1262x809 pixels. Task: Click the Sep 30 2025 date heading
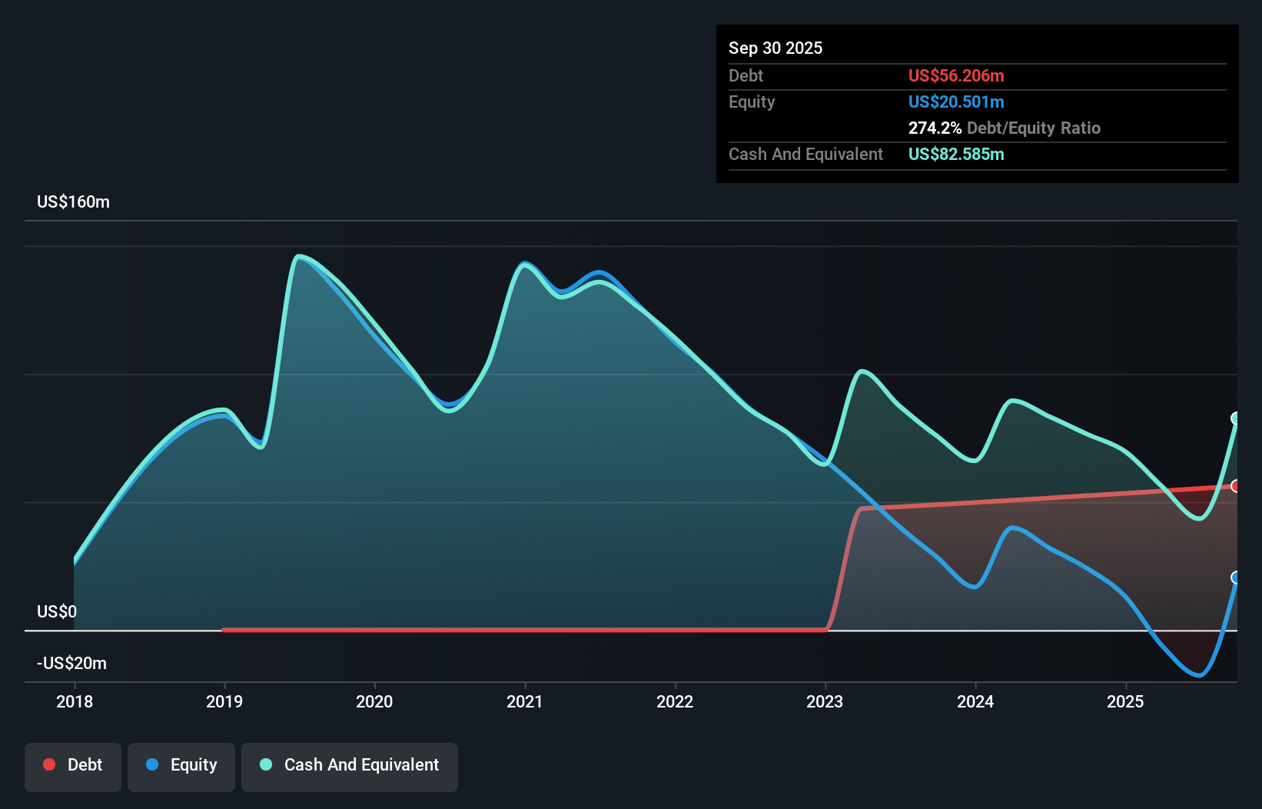pos(775,48)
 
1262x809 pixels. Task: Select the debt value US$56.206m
pos(955,75)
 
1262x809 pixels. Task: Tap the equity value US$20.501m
pos(955,102)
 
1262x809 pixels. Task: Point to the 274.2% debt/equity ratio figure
pos(935,128)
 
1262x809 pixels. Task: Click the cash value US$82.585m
pos(955,154)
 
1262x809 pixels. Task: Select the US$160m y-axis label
pos(73,201)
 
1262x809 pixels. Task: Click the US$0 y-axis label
pos(57,611)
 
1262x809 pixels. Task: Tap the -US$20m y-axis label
pos(71,663)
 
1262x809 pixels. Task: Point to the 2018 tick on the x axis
pos(75,701)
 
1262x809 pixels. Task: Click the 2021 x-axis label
pos(525,701)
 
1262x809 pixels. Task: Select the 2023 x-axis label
pos(825,701)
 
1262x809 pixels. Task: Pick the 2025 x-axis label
pos(1125,701)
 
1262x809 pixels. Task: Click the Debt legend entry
pos(73,764)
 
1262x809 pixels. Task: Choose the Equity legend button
pos(181,764)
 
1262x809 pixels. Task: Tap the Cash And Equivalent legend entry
pos(350,764)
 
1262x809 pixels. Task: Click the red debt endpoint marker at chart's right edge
pos(1236,486)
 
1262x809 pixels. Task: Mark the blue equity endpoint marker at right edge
pos(1236,578)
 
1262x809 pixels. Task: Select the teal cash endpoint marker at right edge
pos(1236,418)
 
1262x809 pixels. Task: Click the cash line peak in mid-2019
pos(298,256)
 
